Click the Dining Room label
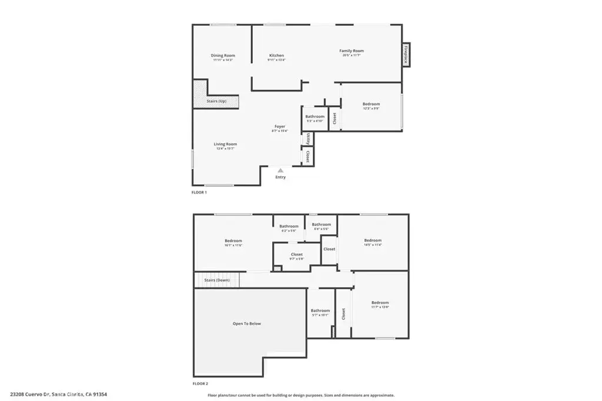223,56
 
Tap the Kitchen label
276,56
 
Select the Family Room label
352,51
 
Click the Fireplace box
406,55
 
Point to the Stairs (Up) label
216,102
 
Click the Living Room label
225,144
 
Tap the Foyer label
280,127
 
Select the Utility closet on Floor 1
308,139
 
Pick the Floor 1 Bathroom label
315,117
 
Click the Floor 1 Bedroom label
371,105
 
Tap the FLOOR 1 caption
199,192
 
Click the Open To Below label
247,324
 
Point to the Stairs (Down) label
217,280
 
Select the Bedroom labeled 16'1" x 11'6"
233,241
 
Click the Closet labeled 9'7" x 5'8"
296,255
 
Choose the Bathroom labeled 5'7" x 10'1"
320,311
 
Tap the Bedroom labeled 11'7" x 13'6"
380,303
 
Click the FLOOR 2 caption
200,383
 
